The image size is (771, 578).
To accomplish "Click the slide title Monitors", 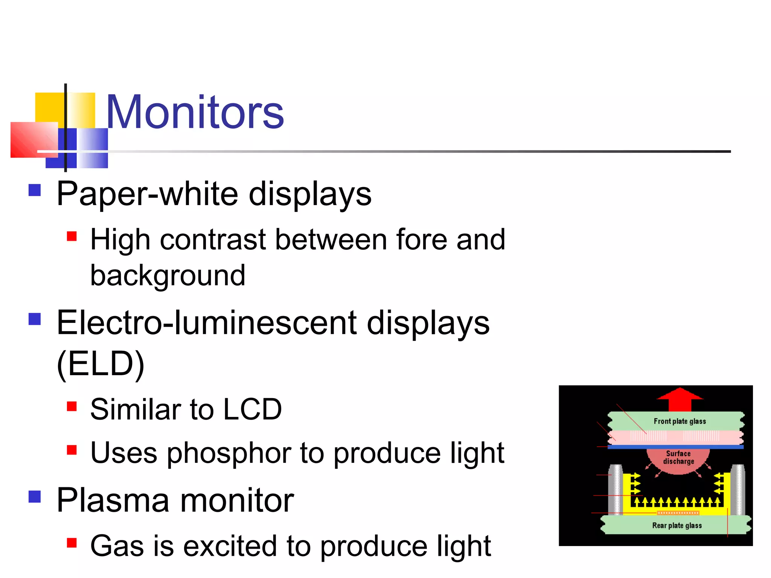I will click(195, 112).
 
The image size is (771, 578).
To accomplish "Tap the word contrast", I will click(213, 240).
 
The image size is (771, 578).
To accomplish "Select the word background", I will click(168, 276).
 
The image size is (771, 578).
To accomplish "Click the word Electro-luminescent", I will click(206, 323).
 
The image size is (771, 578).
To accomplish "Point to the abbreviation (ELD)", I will click(101, 364).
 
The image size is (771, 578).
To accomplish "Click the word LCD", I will click(252, 409).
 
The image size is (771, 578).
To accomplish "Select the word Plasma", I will click(113, 500).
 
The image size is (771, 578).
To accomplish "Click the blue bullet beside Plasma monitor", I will click(35, 496).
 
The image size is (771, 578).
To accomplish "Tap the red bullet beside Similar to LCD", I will click(72, 406).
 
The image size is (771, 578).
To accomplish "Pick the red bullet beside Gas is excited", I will click(72, 543).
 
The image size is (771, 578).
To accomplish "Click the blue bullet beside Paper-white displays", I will click(35, 190).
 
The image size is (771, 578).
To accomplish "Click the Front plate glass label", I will click(680, 421).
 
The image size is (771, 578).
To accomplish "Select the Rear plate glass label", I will click(677, 525).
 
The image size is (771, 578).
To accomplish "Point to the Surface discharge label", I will click(678, 458).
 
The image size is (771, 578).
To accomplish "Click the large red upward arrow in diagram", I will click(680, 399).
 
